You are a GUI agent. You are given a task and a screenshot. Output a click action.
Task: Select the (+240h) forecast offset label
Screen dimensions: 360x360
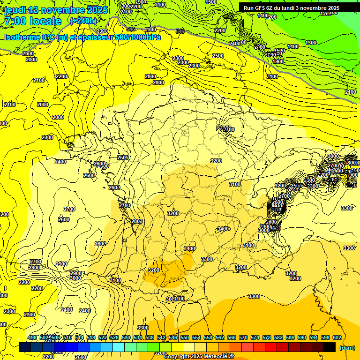pos(83,21)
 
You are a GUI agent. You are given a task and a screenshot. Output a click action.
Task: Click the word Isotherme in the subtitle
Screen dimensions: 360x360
pos(22,37)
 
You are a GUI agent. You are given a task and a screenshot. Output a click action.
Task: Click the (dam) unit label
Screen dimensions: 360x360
pos(347,347)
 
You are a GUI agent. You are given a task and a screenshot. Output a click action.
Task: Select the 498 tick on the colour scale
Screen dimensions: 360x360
pos(32,337)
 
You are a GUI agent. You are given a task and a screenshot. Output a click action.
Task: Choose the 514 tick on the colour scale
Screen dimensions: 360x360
pos(79,337)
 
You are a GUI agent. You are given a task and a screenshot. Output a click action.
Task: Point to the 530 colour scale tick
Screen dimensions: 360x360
pos(126,337)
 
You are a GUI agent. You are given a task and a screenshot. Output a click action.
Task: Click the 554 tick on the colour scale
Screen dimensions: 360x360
pos(196,337)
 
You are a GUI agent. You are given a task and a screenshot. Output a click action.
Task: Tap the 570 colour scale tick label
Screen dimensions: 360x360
pos(243,337)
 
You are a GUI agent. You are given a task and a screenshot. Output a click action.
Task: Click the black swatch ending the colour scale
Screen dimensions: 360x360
pos(330,347)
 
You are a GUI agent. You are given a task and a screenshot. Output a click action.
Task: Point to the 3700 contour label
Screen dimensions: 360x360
pos(228,129)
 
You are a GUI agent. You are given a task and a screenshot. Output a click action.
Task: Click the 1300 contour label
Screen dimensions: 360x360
pos(311,43)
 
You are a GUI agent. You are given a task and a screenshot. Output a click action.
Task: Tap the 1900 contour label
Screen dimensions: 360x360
pos(278,61)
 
